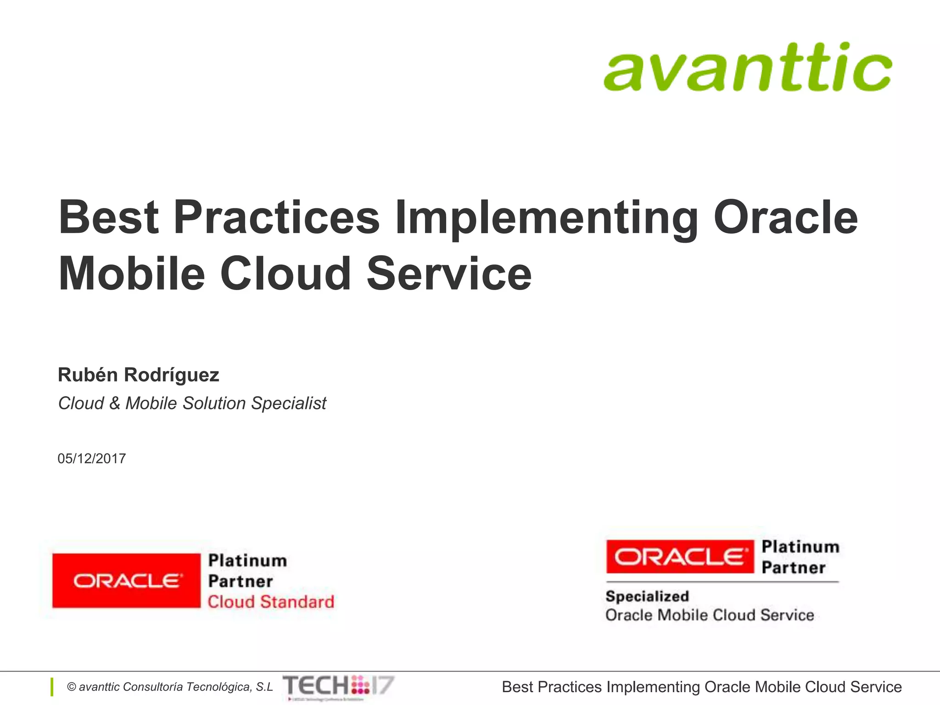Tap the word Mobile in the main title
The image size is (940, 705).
[x=132, y=274]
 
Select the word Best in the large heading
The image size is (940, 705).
[x=108, y=218]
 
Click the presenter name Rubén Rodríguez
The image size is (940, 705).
[x=138, y=375]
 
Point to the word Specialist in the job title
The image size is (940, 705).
[x=289, y=403]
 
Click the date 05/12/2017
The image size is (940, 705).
[x=92, y=459]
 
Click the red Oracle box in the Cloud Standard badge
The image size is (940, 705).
[x=126, y=581]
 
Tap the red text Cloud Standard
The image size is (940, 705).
[x=271, y=602]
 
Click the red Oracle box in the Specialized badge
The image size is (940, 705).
[x=680, y=557]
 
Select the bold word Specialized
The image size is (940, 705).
[x=647, y=596]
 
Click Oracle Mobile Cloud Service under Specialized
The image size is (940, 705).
[x=710, y=615]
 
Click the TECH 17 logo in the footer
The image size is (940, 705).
[x=338, y=686]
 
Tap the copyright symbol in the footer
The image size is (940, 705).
[x=72, y=687]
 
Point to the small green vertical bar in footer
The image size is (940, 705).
[x=52, y=687]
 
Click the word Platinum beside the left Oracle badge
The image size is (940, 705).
[x=247, y=560]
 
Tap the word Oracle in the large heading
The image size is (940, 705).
[x=785, y=218]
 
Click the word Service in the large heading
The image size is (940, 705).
[x=449, y=274]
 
